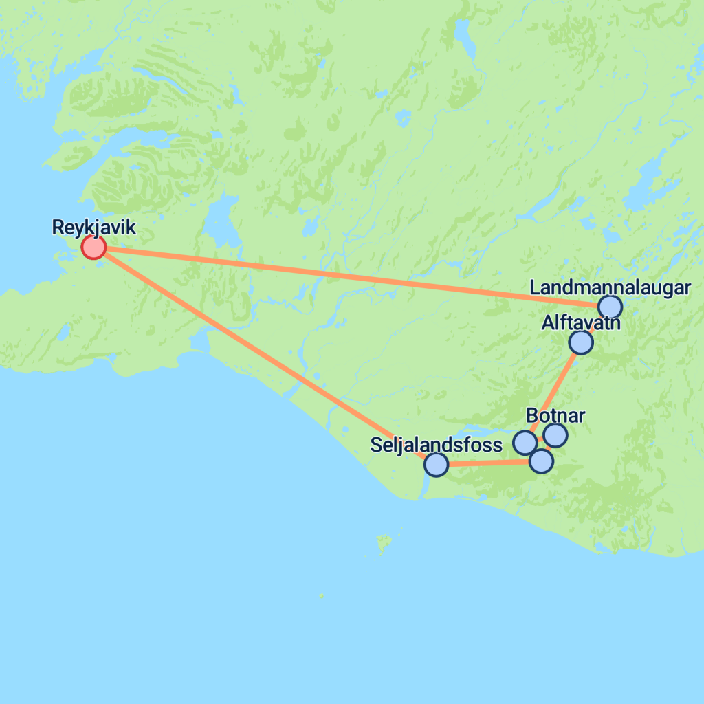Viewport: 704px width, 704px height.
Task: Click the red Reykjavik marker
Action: tap(93, 246)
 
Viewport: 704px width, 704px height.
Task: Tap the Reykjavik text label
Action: tap(93, 228)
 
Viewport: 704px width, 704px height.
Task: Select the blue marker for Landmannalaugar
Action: tap(610, 307)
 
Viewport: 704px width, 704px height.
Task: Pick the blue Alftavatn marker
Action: tap(581, 342)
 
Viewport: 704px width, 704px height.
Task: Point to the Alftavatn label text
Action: tap(580, 322)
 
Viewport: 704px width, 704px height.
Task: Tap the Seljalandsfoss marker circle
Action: tap(436, 465)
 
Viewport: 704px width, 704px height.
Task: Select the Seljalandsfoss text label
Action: tap(436, 445)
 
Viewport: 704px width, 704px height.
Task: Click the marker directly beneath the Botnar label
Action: tap(555, 434)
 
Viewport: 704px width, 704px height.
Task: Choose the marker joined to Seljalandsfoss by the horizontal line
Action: tap(541, 461)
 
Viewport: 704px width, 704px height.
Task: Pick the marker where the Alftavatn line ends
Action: tap(525, 443)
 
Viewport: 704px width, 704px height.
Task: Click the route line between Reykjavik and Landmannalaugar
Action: tap(344, 274)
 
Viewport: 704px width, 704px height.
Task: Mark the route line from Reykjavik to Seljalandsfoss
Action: tap(261, 353)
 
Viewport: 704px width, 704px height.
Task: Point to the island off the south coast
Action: tap(382, 544)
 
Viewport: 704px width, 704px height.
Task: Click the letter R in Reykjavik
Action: tap(58, 228)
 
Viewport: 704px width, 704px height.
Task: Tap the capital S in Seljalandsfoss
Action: tap(375, 445)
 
